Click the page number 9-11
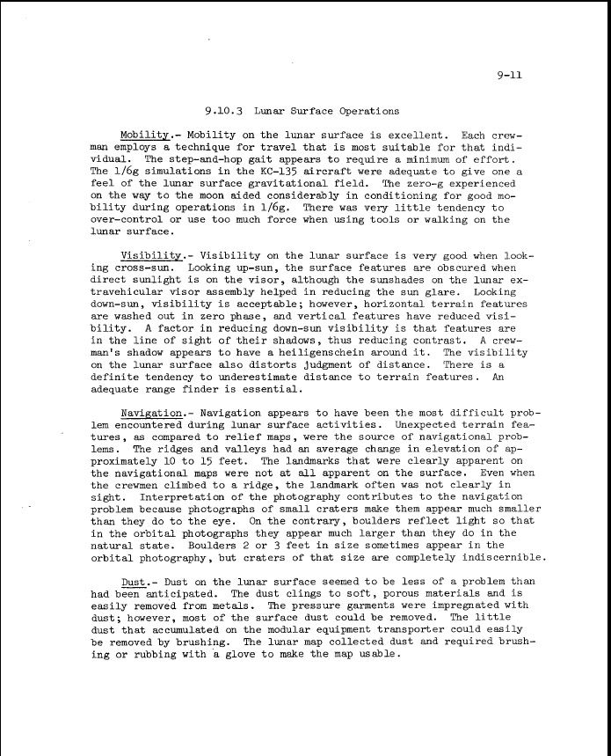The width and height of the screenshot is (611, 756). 509,75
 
